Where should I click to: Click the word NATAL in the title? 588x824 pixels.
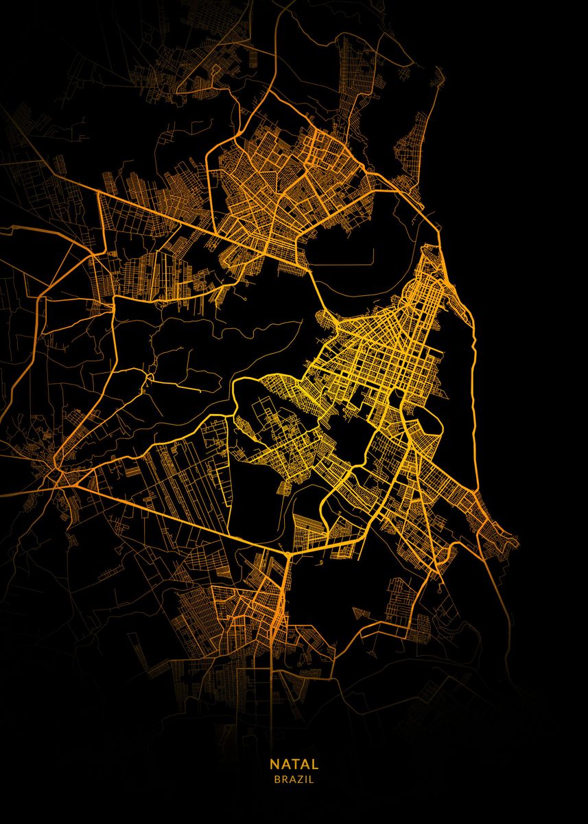coord(294,764)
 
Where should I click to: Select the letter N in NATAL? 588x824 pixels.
coord(274,764)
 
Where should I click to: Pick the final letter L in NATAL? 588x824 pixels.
coord(315,764)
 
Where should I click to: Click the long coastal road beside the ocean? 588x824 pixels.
coord(473,357)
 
